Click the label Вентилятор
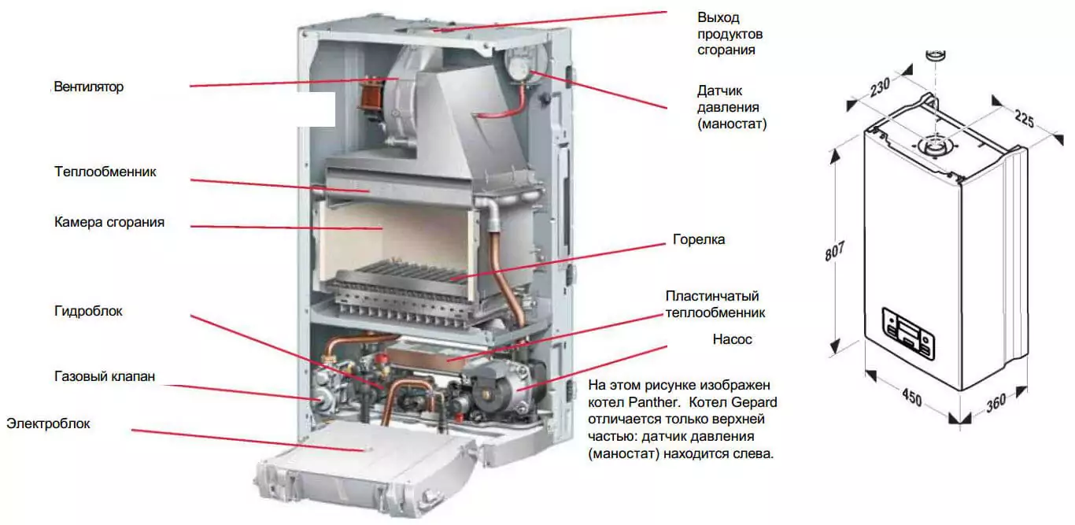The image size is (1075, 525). (x=89, y=87)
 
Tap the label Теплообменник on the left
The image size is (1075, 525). (x=105, y=172)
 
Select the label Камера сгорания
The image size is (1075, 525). (x=109, y=222)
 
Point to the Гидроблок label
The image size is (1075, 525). (x=88, y=312)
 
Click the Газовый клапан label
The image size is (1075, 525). (x=105, y=376)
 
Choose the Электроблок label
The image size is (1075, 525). (x=48, y=423)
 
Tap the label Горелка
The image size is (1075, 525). (x=699, y=239)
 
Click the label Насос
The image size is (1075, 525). (x=733, y=339)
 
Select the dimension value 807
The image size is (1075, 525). (x=834, y=251)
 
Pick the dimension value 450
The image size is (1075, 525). (x=912, y=397)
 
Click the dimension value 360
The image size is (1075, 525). (x=996, y=404)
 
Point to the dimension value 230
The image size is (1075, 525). (x=880, y=88)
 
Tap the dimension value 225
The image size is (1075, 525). (x=1024, y=119)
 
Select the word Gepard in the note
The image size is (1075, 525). (x=755, y=402)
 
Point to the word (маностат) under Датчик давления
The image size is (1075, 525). (x=732, y=124)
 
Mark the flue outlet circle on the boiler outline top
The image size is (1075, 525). (x=933, y=146)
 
